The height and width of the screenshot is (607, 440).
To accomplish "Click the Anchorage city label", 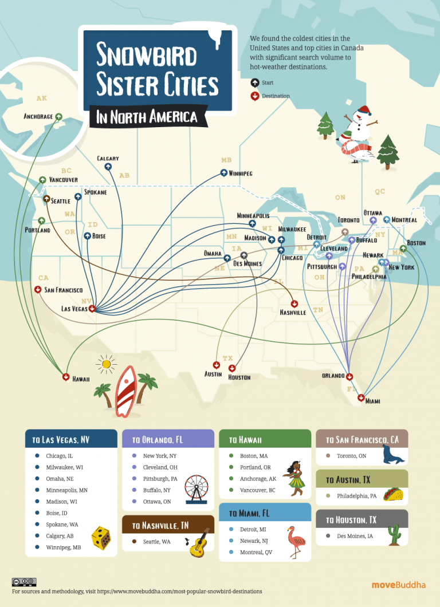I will [38, 117].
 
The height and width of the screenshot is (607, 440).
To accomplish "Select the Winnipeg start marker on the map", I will [223, 172].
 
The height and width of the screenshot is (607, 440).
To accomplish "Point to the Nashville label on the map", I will [293, 313].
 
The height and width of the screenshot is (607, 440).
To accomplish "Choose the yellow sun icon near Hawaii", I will [105, 364].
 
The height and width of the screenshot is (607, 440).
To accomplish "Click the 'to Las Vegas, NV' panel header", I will [71, 440].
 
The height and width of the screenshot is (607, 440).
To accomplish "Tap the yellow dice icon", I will [101, 539].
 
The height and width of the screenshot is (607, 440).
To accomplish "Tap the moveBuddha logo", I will [399, 585].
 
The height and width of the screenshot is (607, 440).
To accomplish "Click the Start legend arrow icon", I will [255, 82].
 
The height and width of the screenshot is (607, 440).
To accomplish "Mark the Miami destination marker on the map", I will [361, 397].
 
